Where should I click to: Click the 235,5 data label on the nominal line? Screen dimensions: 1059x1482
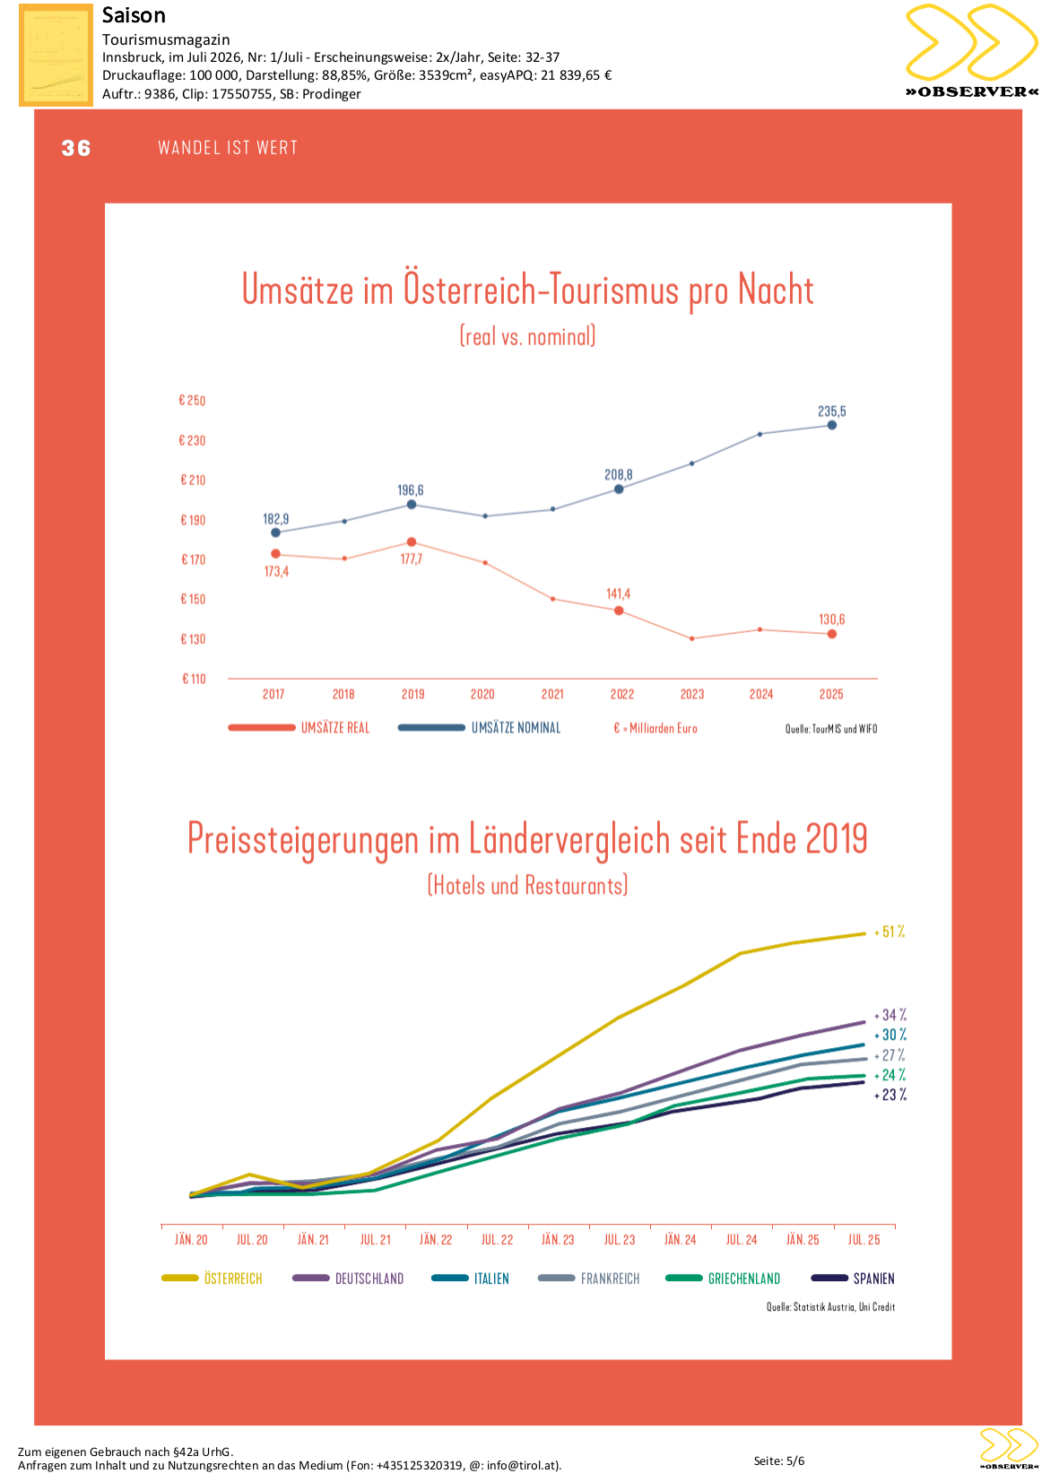(831, 411)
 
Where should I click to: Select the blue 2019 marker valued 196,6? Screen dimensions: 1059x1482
(411, 504)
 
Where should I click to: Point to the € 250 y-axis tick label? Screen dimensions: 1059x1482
(192, 400)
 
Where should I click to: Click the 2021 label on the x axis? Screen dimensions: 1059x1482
(552, 694)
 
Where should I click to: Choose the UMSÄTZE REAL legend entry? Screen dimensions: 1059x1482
(299, 728)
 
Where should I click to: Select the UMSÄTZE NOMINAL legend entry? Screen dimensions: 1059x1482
(479, 728)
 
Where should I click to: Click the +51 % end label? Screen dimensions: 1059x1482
(890, 932)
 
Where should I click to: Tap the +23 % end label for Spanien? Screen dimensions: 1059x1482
(890, 1095)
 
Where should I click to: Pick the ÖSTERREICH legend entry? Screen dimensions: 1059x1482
(212, 1278)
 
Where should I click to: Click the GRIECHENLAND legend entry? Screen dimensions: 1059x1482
(723, 1278)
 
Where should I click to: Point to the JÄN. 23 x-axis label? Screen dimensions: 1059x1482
(558, 1240)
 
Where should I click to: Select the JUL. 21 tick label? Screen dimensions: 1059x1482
(376, 1240)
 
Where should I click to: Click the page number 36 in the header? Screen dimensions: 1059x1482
(76, 148)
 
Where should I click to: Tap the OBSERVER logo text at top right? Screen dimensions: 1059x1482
(972, 91)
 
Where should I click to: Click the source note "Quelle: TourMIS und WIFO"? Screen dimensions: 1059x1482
(830, 729)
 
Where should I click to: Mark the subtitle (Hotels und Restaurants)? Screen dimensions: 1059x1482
(527, 885)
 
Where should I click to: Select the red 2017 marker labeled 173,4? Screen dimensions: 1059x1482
(275, 554)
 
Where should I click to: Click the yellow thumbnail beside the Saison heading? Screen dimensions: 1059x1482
(56, 55)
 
